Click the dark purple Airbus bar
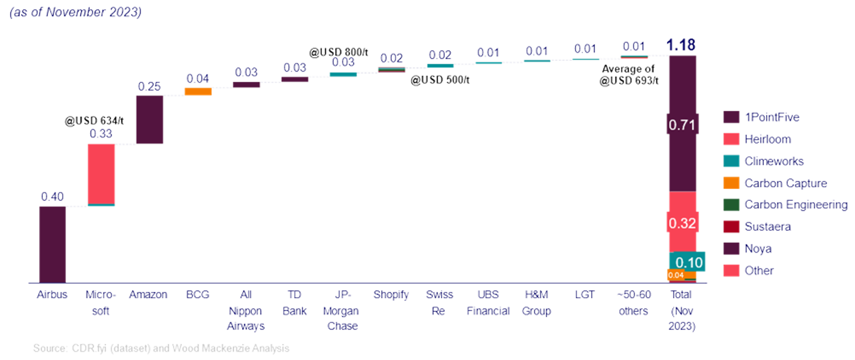52,244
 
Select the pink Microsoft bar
101,173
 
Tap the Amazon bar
150,119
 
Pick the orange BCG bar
198,91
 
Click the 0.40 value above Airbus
52,196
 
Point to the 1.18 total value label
681,45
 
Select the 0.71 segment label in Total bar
682,125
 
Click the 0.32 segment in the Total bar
682,223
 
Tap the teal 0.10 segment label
688,262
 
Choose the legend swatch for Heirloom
731,139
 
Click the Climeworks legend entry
774,161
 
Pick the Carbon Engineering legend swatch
731,205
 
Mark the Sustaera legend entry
767,227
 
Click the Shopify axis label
391,294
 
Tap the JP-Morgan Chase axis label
342,310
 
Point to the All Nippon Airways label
246,310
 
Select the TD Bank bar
295,79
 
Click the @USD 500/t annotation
440,80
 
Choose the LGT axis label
584,294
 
